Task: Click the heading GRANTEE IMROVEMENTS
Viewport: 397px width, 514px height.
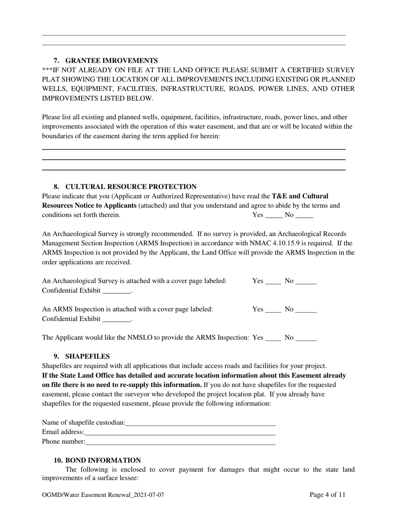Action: click(x=111, y=61)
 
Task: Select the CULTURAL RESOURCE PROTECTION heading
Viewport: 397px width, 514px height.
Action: click(x=130, y=187)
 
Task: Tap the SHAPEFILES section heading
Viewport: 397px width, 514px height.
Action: click(x=87, y=356)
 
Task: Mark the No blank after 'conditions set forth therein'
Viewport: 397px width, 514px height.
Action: click(x=304, y=216)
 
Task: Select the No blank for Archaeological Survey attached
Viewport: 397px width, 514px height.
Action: click(x=306, y=282)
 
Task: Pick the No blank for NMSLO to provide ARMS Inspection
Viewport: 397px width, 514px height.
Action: click(x=306, y=338)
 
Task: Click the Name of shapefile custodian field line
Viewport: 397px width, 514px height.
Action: click(x=200, y=423)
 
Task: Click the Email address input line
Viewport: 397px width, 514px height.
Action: click(x=180, y=433)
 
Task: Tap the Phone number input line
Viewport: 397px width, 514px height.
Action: click(x=181, y=442)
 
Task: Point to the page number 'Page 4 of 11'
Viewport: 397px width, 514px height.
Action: click(x=327, y=495)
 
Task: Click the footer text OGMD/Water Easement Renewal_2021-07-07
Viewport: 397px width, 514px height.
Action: click(x=103, y=495)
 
